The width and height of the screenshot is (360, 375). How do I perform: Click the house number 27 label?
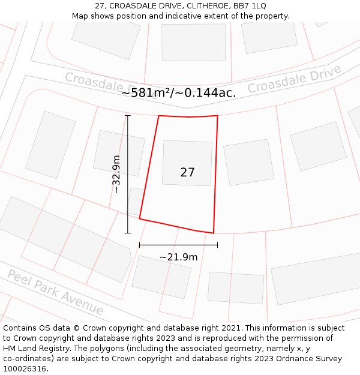tap(187, 172)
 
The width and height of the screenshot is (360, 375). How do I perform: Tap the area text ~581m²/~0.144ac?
tap(178, 92)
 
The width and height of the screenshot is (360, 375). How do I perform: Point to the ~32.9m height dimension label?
tap(116, 174)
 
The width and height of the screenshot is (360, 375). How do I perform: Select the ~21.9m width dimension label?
tap(178, 257)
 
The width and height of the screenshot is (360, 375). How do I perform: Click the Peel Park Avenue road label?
tap(55, 292)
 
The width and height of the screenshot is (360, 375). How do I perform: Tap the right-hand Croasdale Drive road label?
tap(295, 79)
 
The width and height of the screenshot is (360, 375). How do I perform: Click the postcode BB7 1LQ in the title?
tap(250, 5)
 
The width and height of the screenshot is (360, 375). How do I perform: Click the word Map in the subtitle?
tap(80, 16)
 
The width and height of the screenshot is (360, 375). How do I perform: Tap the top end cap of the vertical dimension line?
tap(127, 115)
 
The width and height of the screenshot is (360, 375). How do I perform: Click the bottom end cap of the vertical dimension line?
tap(127, 233)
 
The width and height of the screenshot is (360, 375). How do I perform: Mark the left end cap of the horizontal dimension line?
tap(139, 245)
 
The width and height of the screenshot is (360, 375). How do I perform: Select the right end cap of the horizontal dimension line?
tap(217, 245)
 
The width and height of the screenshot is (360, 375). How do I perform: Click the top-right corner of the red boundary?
tap(217, 116)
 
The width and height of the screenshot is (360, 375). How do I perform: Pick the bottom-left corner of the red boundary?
tap(140, 219)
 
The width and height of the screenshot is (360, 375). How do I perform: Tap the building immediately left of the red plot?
tap(119, 153)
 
